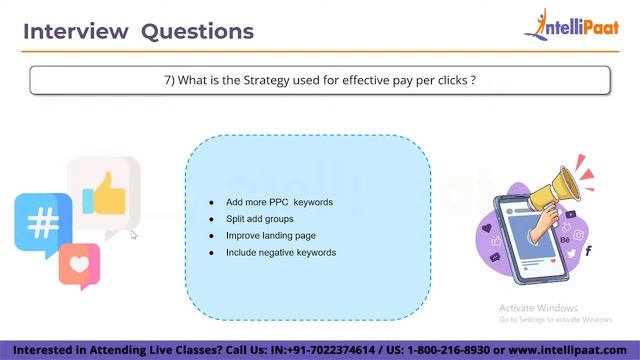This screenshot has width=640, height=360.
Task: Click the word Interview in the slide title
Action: click(x=75, y=31)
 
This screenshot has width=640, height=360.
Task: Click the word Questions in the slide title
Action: click(x=197, y=31)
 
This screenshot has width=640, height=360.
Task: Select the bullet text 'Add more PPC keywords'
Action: click(x=279, y=202)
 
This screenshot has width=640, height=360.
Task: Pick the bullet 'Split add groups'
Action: click(x=259, y=219)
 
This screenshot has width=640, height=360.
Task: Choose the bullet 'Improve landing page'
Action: click(x=270, y=236)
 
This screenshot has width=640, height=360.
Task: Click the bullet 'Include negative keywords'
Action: click(x=280, y=253)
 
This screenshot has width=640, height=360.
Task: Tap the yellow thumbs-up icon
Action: click(x=105, y=194)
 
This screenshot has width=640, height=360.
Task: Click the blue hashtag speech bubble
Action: click(x=42, y=222)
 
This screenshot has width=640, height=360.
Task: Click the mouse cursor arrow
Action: click(x=133, y=235)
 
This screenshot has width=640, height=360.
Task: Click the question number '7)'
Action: click(x=170, y=80)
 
